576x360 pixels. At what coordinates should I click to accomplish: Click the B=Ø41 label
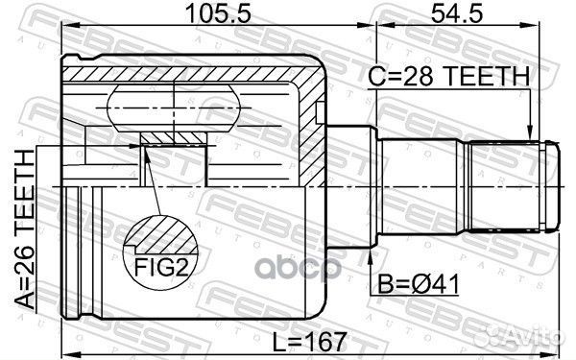coord(419,286)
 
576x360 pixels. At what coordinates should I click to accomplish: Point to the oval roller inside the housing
coord(173,108)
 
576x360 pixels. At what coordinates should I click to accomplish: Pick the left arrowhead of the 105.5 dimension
coord(68,29)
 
